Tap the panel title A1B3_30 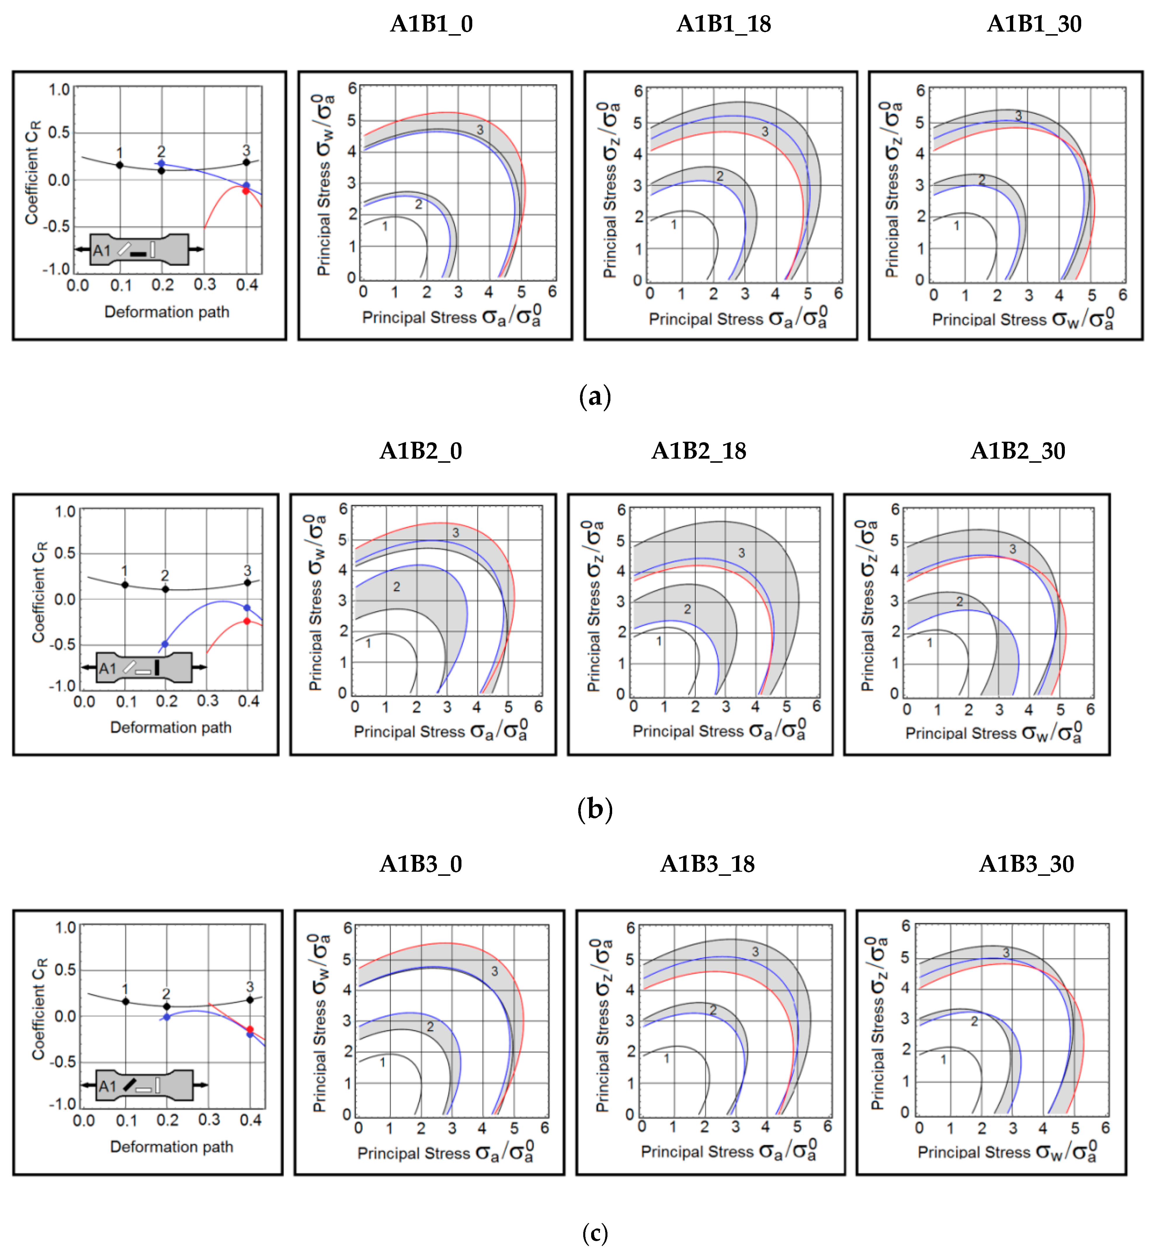(1026, 864)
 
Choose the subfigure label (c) (595, 1233)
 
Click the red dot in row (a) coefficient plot (246, 190)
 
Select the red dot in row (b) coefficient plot (247, 621)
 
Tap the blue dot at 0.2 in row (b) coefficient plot (165, 644)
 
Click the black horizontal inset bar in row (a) (138, 254)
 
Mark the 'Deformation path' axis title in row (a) (167, 312)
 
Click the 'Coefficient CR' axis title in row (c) (39, 1009)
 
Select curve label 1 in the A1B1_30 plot (956, 226)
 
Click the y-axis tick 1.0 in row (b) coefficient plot (65, 511)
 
